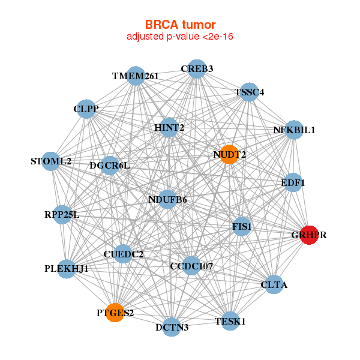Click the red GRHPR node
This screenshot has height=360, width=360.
pyautogui.click(x=309, y=235)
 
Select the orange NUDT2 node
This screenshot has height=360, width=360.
pyautogui.click(x=229, y=154)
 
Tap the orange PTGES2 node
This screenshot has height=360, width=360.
pyautogui.click(x=115, y=313)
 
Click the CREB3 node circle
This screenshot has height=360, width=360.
pyautogui.click(x=197, y=68)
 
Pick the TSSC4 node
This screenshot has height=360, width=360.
pyautogui.click(x=249, y=92)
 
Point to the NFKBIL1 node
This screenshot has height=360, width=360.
pyautogui.click(x=293, y=130)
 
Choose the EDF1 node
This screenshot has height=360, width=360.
pyautogui.click(x=292, y=182)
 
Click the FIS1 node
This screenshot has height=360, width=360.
pyautogui.click(x=242, y=226)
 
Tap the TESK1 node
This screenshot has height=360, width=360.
pyautogui.click(x=230, y=321)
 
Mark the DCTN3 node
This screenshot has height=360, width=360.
pyautogui.click(x=172, y=327)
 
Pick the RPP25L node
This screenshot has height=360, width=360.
pyautogui.click(x=62, y=214)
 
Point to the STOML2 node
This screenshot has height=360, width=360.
pyautogui.click(x=52, y=161)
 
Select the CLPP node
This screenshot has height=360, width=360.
pyautogui.click(x=86, y=109)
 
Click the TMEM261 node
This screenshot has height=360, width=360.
pyautogui.click(x=136, y=76)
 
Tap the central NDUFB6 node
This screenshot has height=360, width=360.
pyautogui.click(x=167, y=199)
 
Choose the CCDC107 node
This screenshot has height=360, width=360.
pyautogui.click(x=191, y=265)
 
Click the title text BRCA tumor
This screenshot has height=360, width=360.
pyautogui.click(x=180, y=25)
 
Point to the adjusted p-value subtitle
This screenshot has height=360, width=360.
pyautogui.click(x=180, y=37)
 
